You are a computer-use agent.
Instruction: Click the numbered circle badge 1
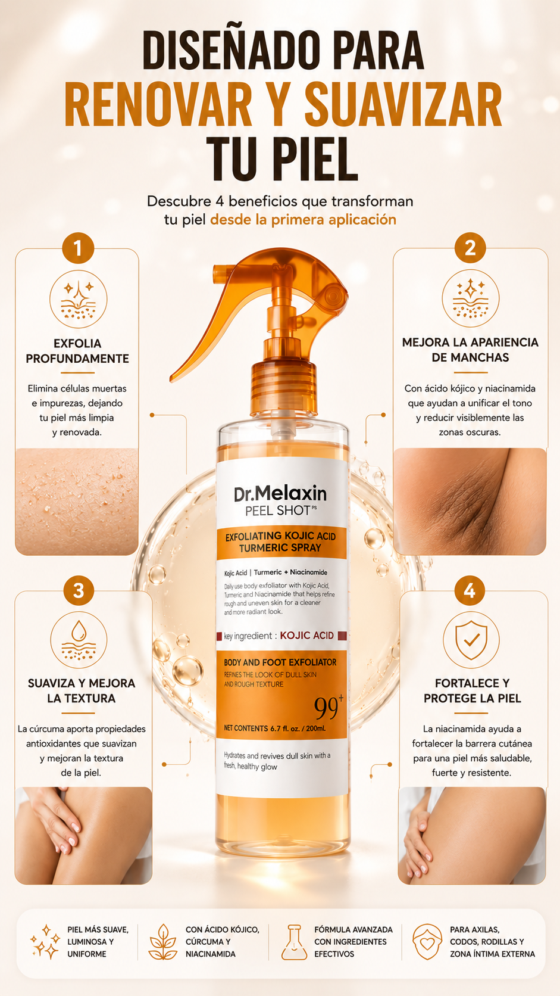point(78,248)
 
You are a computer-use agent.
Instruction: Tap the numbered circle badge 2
point(470,248)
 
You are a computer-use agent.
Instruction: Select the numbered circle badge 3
point(79,591)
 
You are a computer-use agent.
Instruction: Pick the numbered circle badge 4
point(470,591)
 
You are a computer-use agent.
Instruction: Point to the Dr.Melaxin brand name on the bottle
point(280,494)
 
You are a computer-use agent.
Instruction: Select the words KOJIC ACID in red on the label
point(306,636)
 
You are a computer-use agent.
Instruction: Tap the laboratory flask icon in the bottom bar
point(294,942)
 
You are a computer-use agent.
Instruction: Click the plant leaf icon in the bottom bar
point(163,942)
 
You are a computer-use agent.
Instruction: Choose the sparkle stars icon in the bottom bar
point(45,942)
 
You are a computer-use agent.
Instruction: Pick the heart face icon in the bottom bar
point(427,942)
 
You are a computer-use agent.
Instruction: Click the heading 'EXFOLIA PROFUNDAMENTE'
point(77,351)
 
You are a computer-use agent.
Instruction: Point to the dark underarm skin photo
point(470,502)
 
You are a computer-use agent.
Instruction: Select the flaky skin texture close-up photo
point(77,502)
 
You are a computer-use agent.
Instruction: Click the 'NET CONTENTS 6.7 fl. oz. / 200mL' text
point(274,729)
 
